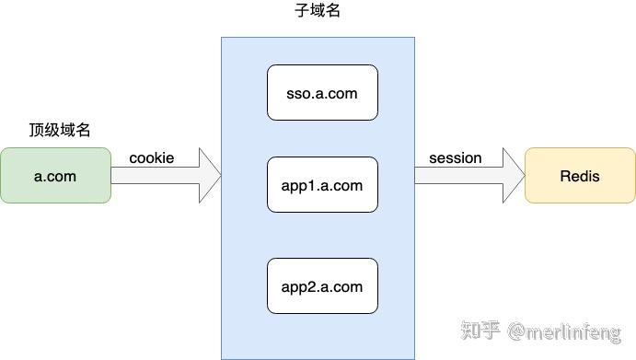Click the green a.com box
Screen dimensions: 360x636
point(55,175)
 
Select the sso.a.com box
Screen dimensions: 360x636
point(322,93)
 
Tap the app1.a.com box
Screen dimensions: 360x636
point(322,185)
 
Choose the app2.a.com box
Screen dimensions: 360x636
point(322,286)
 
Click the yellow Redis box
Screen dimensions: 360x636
point(580,175)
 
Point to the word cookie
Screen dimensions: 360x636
point(151,158)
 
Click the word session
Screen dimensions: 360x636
point(455,158)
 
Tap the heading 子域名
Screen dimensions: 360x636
point(318,13)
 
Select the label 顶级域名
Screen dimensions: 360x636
point(60,131)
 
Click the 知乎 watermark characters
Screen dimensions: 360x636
point(481,329)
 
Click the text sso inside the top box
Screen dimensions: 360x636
point(299,93)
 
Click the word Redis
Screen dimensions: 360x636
point(580,175)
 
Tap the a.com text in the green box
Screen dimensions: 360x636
point(55,175)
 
